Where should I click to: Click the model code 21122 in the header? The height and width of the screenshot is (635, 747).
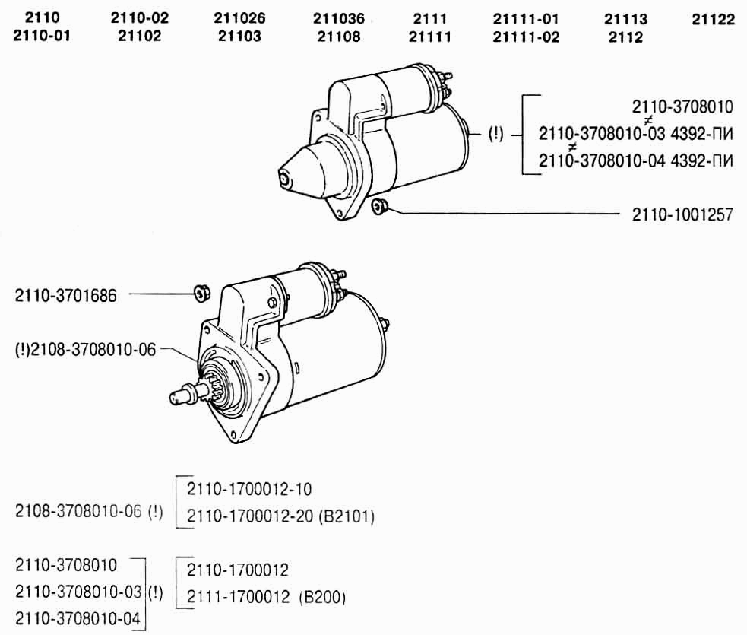coord(713,20)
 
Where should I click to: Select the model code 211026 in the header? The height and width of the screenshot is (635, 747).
coord(239,18)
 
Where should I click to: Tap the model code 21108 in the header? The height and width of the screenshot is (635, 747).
coord(339,37)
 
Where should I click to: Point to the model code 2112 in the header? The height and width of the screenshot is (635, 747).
coord(625,37)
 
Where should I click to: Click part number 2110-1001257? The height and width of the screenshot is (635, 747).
coord(682,215)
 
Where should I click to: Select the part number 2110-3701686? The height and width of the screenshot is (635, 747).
coord(66,296)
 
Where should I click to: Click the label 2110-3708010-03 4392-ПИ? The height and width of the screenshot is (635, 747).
coord(635,134)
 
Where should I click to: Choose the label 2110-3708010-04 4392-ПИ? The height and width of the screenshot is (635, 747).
coord(635,161)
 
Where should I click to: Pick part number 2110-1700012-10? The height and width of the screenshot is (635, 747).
coord(249,489)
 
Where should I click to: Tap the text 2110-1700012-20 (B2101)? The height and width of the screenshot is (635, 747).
coord(280,516)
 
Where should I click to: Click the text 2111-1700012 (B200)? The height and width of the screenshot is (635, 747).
coord(266,597)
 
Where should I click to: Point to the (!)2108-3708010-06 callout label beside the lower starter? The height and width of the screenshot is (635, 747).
coord(86,350)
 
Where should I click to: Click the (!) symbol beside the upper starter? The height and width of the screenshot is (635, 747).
coord(495,134)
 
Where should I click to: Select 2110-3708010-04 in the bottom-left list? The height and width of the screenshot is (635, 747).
coord(78,619)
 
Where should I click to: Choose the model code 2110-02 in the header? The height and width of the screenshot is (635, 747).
coord(140,18)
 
